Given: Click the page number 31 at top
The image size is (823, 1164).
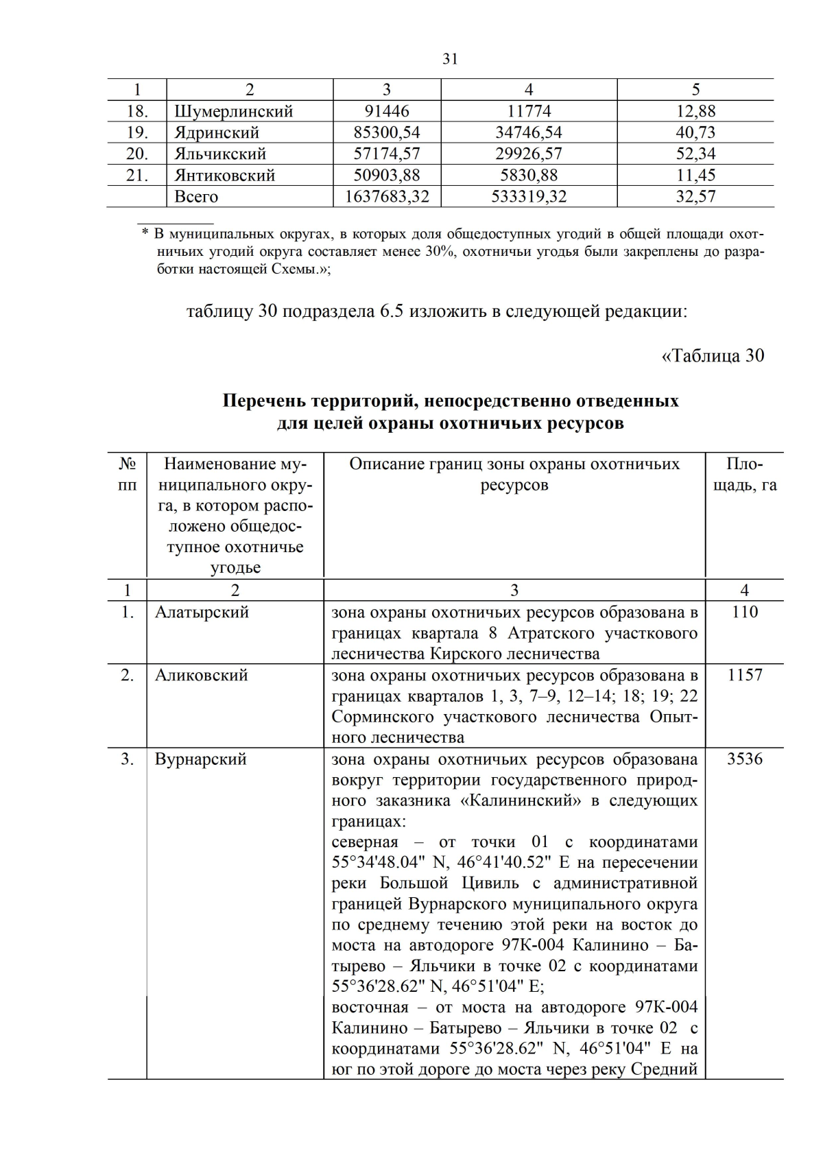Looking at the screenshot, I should pos(450,59).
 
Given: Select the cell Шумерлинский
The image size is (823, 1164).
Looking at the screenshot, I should pos(233,111).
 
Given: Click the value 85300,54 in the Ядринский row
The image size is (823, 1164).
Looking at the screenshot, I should pos(387,132).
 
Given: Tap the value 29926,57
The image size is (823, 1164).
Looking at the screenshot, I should pos(528,154).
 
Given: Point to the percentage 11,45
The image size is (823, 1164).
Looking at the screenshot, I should pos(695,175).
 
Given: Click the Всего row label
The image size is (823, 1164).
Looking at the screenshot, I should pos(196,197).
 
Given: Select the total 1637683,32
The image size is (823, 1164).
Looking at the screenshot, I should pos(387,197).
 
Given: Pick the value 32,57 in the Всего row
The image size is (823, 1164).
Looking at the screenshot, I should pos(695,197).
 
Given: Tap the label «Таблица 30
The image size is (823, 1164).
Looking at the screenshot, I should pos(713,355).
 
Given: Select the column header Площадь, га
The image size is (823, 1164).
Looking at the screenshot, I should pos(745,475).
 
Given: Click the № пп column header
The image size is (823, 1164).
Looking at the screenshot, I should pos(127,475).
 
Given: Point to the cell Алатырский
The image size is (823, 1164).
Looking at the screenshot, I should pos(202,612).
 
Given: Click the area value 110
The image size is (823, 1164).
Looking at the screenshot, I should pos(745,612).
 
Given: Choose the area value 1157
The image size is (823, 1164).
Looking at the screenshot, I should pos(745,675).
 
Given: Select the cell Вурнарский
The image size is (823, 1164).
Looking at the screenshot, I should pos(200,759).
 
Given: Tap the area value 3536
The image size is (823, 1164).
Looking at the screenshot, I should pos(745,759).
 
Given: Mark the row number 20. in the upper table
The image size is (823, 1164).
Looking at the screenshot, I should pos(137,154).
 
